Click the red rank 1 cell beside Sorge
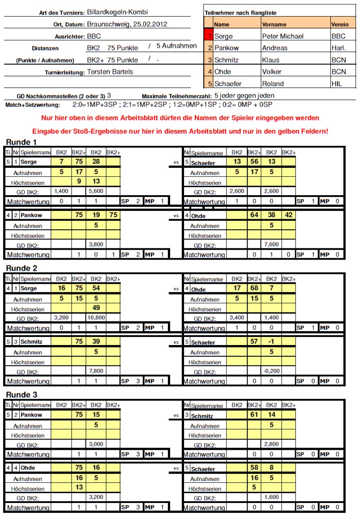208,36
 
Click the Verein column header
340,24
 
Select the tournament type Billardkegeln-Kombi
117,12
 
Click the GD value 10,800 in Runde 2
95,318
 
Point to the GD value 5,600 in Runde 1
95,191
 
